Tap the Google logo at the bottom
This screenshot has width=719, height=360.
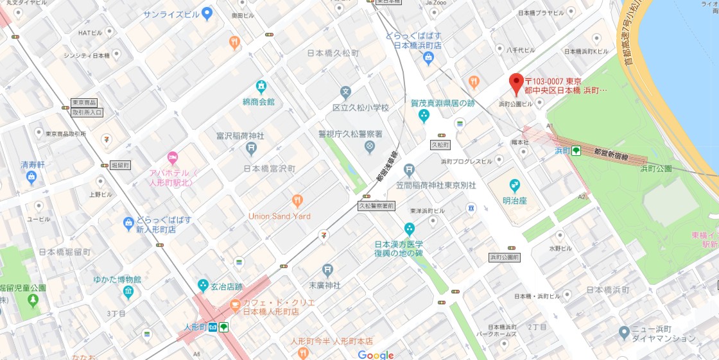pyautogui.click(x=376, y=355)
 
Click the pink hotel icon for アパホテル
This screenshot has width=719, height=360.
pyautogui.click(x=172, y=157)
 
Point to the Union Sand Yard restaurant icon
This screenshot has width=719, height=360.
pyautogui.click(x=297, y=201)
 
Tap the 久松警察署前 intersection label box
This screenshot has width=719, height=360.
pyautogui.click(x=375, y=207)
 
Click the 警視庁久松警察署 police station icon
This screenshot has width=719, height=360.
pyautogui.click(x=369, y=147)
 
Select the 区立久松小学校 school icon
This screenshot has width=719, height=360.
pyautogui.click(x=345, y=92)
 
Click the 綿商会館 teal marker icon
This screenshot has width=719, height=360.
pyautogui.click(x=261, y=86)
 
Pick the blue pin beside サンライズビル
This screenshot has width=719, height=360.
pyautogui.click(x=207, y=13)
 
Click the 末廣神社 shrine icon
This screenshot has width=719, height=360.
pyautogui.click(x=328, y=270)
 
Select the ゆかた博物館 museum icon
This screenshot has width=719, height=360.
pyautogui.click(x=128, y=293)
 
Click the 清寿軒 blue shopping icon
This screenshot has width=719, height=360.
pyautogui.click(x=31, y=178)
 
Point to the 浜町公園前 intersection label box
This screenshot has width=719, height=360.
pyautogui.click(x=505, y=257)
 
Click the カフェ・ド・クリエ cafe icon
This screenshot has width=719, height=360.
pyautogui.click(x=235, y=304)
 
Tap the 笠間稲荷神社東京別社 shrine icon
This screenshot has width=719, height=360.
pyautogui.click(x=410, y=171)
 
